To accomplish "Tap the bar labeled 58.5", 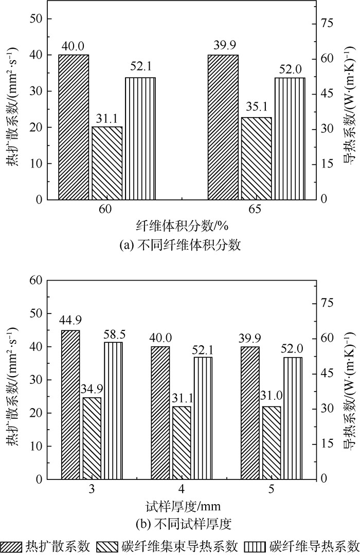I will [114, 410].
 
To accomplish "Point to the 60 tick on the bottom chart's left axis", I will [37, 280].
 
